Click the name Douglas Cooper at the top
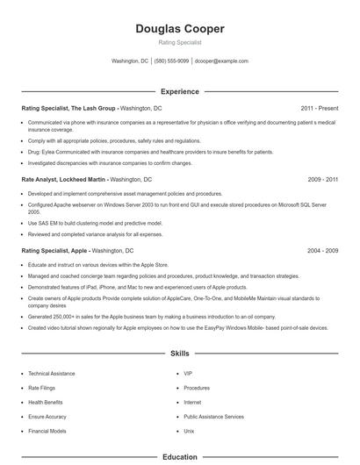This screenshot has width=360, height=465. click(x=180, y=29)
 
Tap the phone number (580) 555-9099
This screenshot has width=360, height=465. click(x=171, y=61)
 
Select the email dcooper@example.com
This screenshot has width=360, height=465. click(x=221, y=61)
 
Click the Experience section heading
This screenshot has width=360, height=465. click(x=180, y=91)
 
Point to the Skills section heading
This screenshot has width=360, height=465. click(x=180, y=354)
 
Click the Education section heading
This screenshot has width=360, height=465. click(x=180, y=456)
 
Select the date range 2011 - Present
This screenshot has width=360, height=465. click(x=320, y=108)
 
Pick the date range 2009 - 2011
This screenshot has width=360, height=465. click(x=323, y=179)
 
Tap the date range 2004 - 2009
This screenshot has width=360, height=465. click(x=323, y=250)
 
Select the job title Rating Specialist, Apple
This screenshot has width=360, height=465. click(x=55, y=250)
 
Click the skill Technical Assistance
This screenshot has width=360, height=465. click(x=52, y=374)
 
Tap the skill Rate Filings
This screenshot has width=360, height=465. click(x=41, y=388)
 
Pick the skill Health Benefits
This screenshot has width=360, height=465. click(x=46, y=403)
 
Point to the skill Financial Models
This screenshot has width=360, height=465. click(x=47, y=432)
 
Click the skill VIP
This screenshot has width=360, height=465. click(x=188, y=374)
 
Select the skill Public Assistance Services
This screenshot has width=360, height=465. click(x=213, y=417)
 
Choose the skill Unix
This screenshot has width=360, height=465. click(x=189, y=432)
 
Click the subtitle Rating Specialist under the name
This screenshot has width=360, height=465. click(x=180, y=42)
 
